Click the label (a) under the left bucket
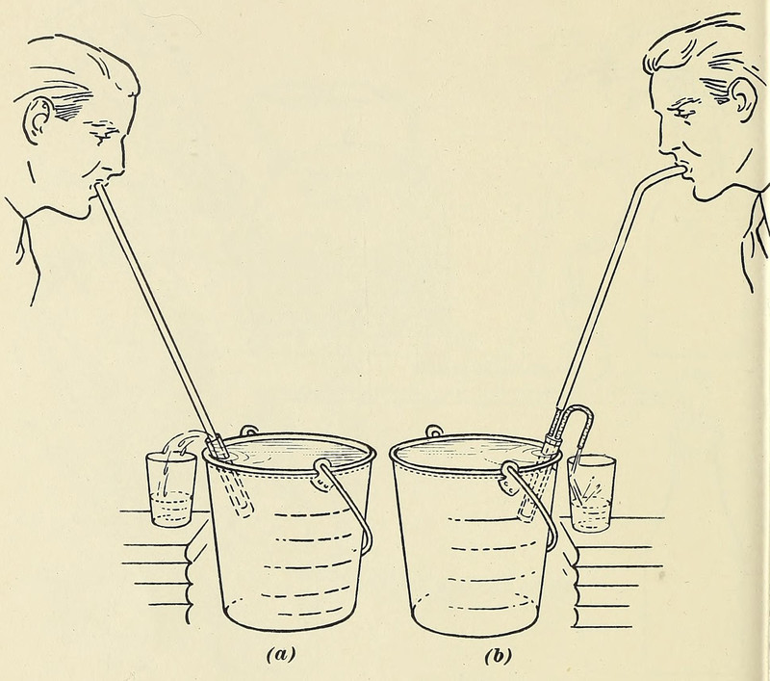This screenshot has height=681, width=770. point(281,654)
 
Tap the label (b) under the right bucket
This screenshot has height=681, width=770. point(498,656)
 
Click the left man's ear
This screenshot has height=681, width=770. point(38,119)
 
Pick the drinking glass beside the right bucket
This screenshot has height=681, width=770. point(591,493)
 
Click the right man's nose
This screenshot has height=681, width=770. point(664,144)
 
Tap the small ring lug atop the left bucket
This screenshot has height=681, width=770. point(248,431)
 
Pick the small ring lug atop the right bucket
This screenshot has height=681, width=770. point(434,431)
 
